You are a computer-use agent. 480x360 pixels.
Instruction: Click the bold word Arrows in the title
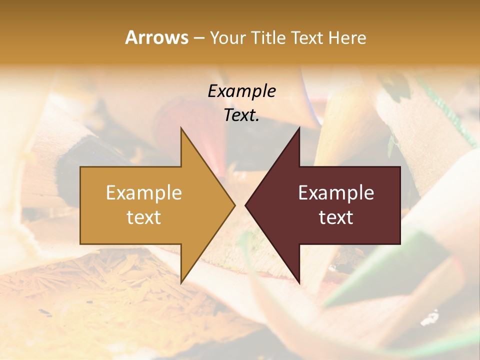157,37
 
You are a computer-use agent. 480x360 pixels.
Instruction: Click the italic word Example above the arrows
242,91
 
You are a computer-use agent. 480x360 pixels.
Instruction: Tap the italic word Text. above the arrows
242,115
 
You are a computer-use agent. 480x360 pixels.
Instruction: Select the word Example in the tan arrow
144,193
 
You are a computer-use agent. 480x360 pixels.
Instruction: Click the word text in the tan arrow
144,217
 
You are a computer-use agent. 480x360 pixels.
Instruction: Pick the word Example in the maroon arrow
336,193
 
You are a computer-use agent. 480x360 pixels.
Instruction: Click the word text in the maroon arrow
336,217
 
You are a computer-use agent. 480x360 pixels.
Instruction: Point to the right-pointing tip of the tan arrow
234,205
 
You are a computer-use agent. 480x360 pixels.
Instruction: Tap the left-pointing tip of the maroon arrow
246,205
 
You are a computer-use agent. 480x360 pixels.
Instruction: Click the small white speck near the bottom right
429,317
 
